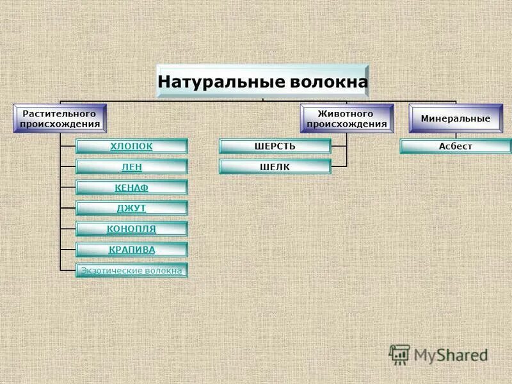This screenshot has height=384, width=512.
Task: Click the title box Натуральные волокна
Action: click(262, 82)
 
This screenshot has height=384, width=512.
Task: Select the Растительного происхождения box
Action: click(60, 118)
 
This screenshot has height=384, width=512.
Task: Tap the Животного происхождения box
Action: click(346, 118)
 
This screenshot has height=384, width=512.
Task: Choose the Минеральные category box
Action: click(455, 119)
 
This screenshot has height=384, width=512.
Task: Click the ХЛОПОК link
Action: click(132, 146)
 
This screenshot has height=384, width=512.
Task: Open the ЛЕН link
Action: click(132, 167)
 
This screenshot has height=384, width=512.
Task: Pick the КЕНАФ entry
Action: click(132, 188)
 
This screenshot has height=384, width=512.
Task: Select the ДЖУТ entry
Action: click(132, 208)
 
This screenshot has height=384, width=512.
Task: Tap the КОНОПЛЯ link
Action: click(132, 228)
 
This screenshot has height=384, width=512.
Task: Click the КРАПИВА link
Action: click(132, 250)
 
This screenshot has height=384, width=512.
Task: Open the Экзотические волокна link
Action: click(132, 271)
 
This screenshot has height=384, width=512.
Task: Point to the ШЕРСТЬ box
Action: click(275, 146)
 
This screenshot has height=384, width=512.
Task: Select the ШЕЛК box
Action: click(275, 167)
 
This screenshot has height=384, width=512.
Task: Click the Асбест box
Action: click(456, 147)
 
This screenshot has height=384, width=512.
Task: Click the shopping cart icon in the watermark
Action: click(399, 354)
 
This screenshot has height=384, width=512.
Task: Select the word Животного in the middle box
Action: click(346, 113)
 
